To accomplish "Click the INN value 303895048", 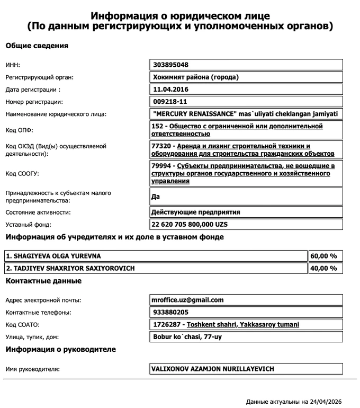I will tap(171, 65).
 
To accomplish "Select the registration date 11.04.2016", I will tap(170, 89).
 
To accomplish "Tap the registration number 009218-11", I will tap(170, 101).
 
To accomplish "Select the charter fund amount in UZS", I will tap(189, 224).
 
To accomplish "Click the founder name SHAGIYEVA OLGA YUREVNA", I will tap(53, 256).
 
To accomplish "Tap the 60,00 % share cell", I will tap(323, 256).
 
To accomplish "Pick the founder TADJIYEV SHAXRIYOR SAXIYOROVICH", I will tap(70, 268).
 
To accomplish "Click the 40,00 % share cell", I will tap(323, 268).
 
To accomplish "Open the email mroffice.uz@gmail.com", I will tap(187, 300).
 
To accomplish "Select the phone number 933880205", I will tap(170, 312).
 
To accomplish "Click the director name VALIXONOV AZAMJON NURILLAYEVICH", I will tap(213, 368).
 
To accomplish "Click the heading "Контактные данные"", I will tap(43, 280).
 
